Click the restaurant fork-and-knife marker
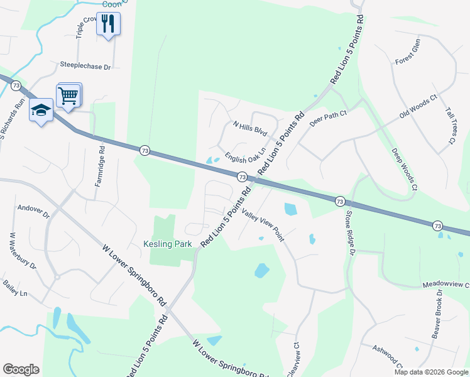(x=108, y=24)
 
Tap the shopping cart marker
(x=68, y=96)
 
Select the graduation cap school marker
(x=41, y=111)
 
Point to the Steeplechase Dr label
(x=85, y=65)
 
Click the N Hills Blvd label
(x=250, y=129)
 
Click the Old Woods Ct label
(x=418, y=107)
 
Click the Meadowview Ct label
(x=445, y=284)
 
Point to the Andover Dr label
(x=33, y=207)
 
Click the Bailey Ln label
(x=15, y=293)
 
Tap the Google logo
(x=21, y=369)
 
